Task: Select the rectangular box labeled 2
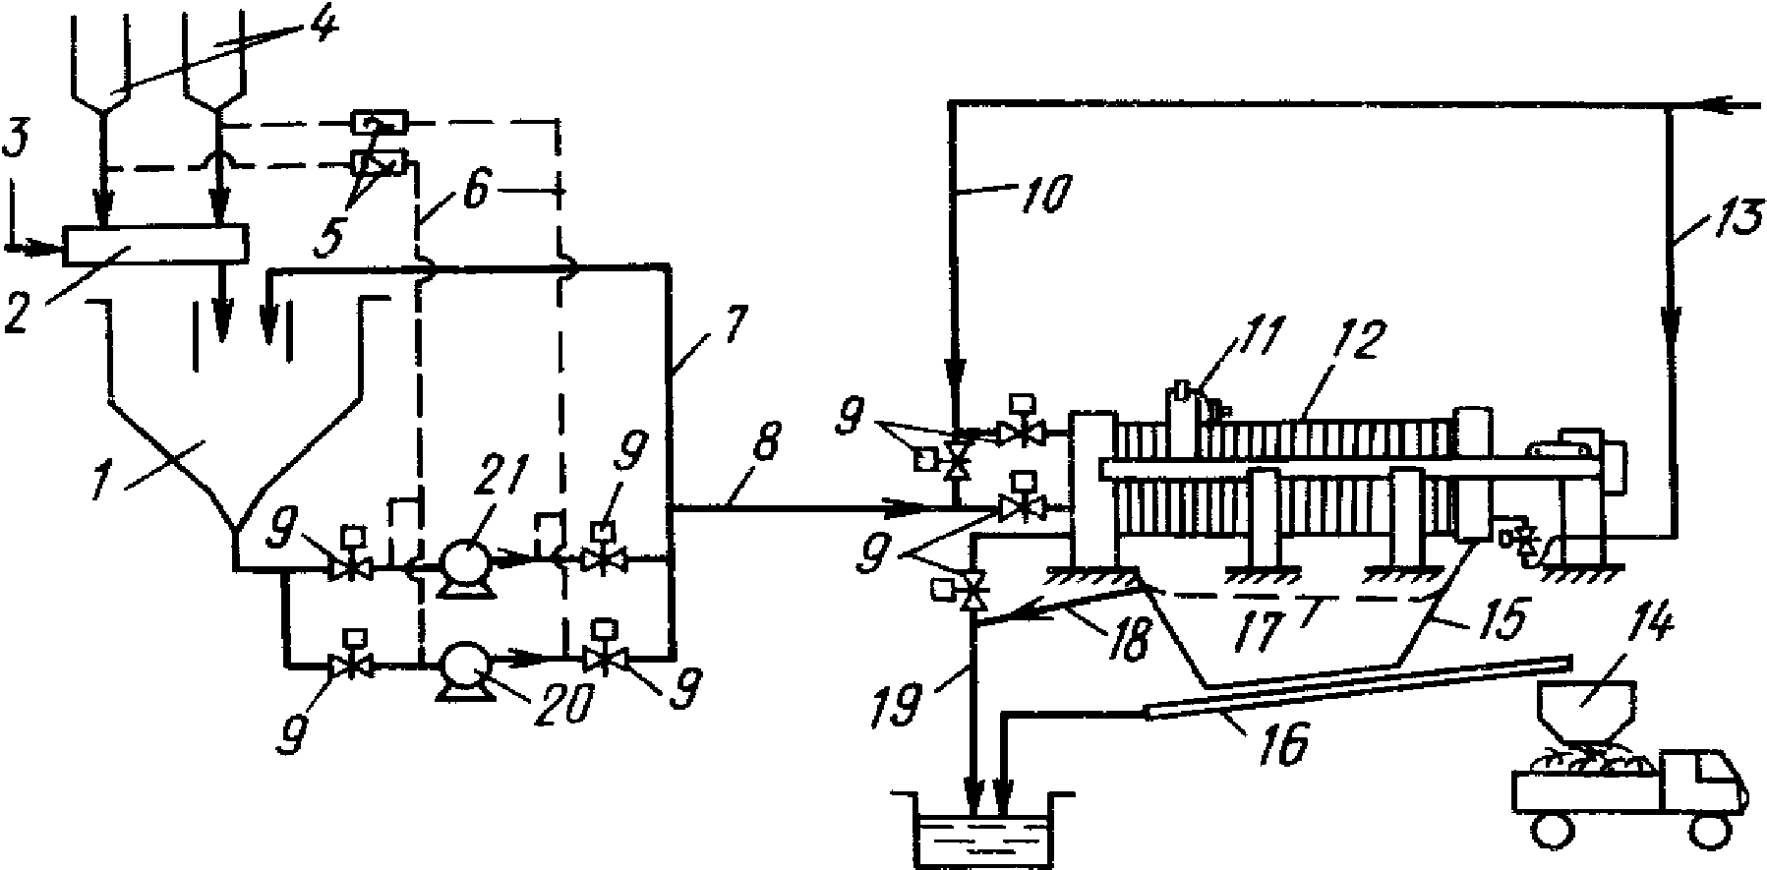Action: [154, 245]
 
